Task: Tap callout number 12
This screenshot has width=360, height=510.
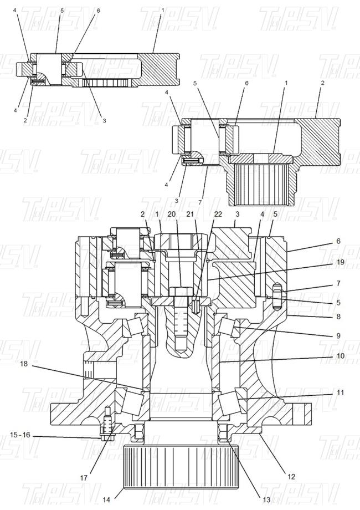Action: [x=291, y=477]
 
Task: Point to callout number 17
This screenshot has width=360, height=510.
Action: [x=84, y=478]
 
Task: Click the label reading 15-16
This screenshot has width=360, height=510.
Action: [x=20, y=435]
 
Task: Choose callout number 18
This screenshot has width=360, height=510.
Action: [x=24, y=364]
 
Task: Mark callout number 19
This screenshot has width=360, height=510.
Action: [x=340, y=262]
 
